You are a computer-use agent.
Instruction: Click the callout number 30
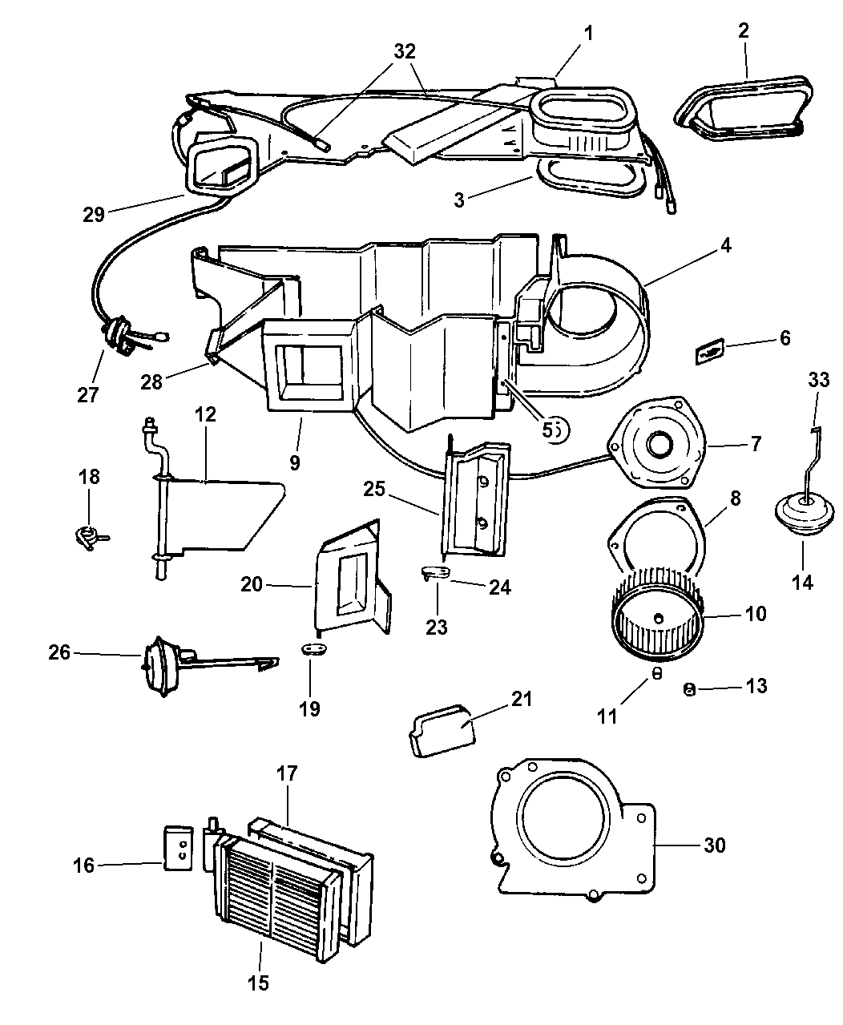[x=715, y=845]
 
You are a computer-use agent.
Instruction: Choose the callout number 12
[x=205, y=415]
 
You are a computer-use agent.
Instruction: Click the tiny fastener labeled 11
[x=655, y=674]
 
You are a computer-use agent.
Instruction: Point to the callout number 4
[x=724, y=247]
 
